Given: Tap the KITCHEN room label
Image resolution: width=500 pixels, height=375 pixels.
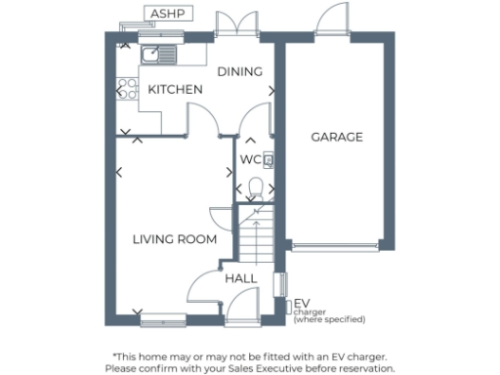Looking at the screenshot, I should (x=175, y=90).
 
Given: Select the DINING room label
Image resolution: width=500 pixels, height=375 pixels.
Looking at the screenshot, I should (x=240, y=71).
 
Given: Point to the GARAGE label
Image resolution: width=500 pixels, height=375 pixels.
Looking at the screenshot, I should (x=337, y=137).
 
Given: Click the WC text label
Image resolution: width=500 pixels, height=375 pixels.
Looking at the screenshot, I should (x=250, y=159).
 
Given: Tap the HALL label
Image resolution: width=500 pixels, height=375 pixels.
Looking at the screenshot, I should (x=241, y=279).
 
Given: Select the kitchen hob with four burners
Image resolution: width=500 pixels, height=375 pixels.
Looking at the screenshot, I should (x=126, y=91).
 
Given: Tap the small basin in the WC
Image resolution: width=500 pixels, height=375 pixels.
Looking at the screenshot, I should (x=268, y=159).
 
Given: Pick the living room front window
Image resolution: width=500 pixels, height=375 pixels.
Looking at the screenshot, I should (x=162, y=318).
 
